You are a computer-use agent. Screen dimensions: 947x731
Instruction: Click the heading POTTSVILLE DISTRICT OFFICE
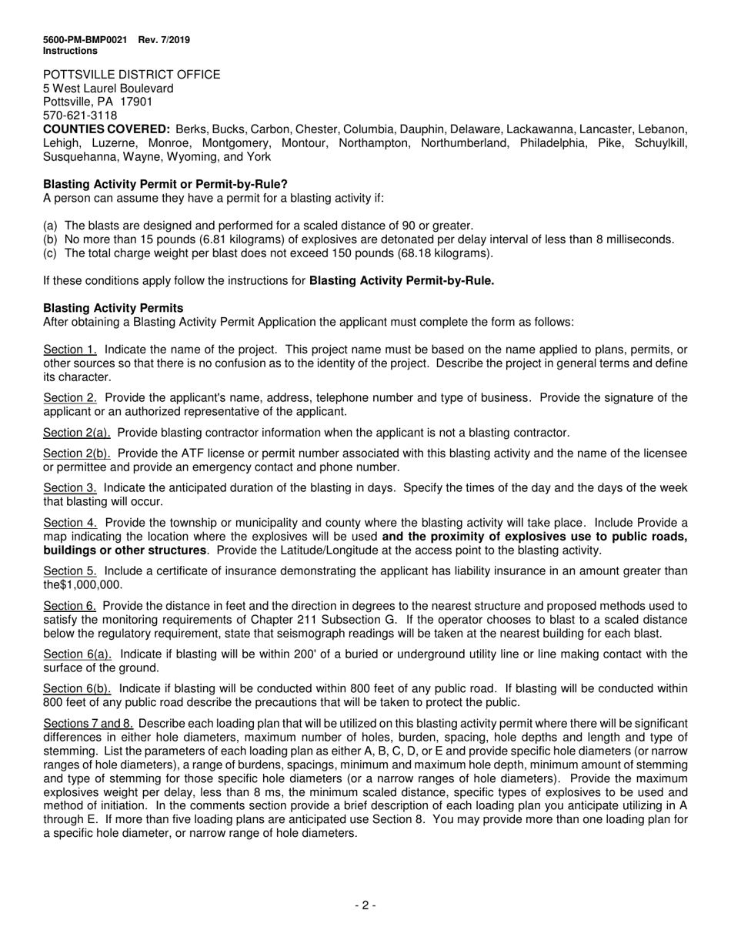[x=132, y=75]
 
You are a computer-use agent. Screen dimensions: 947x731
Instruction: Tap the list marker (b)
[x=51, y=239]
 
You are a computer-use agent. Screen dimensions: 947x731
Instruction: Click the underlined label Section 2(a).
[x=77, y=433]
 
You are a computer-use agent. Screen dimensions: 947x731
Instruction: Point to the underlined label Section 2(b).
[x=77, y=453]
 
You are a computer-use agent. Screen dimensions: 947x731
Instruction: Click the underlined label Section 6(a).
[x=77, y=654]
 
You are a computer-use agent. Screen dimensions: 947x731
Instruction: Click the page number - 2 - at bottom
[x=365, y=905]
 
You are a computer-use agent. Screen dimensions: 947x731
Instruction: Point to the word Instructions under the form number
[x=70, y=51]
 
